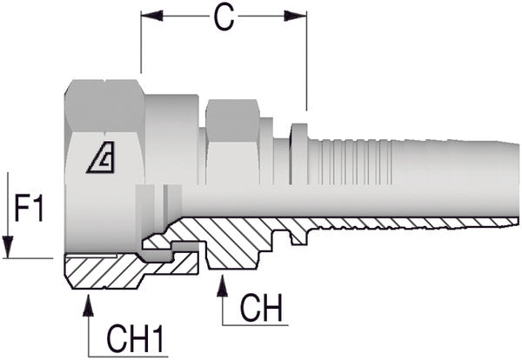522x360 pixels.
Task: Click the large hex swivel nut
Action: point(104,130)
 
